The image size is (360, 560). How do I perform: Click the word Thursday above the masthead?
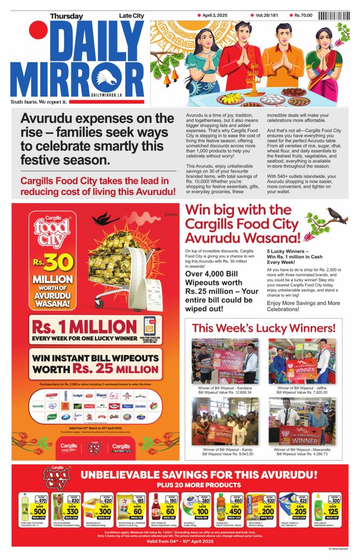(66, 16)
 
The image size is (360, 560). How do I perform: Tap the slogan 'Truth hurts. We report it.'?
(39, 102)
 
